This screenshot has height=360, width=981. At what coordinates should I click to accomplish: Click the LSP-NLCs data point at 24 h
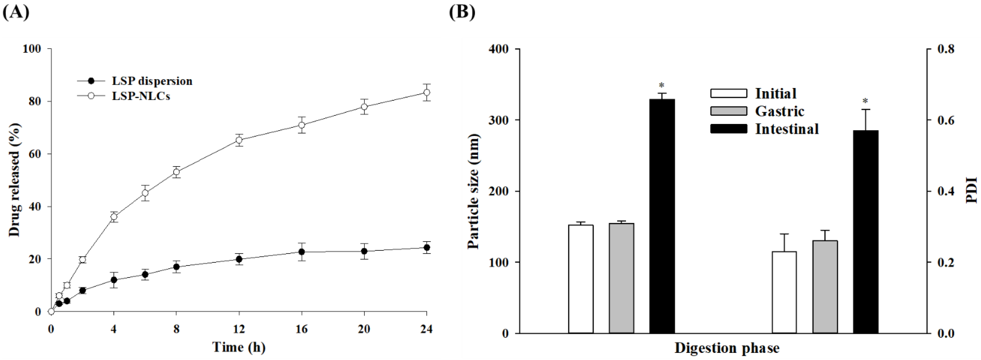[427, 93]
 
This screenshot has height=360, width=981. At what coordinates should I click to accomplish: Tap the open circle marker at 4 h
[114, 217]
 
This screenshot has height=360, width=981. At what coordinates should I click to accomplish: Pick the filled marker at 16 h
[302, 252]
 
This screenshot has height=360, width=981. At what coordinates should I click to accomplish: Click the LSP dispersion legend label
[152, 81]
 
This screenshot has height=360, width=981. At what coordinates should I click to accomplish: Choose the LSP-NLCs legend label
[141, 96]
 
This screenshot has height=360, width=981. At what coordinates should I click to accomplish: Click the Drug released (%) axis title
[15, 180]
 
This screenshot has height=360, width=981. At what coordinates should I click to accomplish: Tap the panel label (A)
[16, 12]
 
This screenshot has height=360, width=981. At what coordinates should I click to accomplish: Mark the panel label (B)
[462, 12]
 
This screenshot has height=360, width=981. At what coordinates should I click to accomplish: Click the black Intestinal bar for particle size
[662, 216]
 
